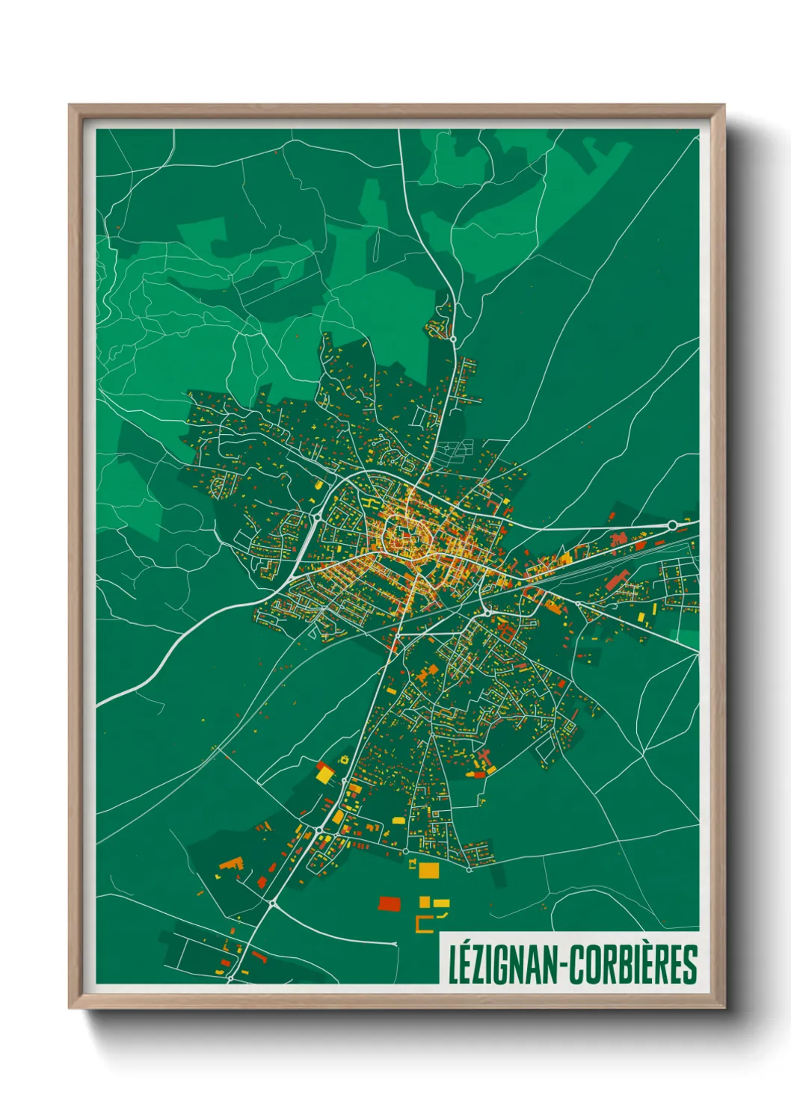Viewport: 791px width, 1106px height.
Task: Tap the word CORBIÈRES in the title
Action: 634,965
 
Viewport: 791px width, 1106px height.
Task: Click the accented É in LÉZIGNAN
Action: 468,965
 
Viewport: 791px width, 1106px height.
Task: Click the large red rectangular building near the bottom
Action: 389,904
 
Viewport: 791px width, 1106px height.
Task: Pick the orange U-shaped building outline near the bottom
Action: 424,924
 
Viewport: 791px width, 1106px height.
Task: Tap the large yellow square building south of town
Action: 428,871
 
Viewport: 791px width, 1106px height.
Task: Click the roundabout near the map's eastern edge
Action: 671,525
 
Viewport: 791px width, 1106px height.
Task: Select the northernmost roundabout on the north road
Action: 453,339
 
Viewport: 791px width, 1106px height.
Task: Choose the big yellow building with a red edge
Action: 324,773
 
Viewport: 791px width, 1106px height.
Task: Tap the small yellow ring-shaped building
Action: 345,759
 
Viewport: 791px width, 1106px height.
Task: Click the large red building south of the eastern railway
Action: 616,579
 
